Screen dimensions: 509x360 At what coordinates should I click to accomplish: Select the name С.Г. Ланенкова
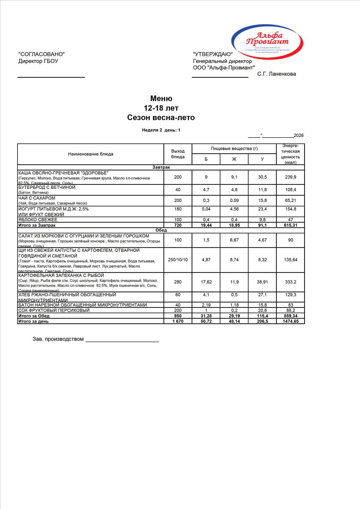[x=276, y=74]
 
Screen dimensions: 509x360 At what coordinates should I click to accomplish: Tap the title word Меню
[x=161, y=99]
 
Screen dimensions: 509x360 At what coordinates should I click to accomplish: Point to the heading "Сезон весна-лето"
[x=161, y=118]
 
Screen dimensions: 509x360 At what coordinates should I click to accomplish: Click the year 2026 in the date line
[x=298, y=135]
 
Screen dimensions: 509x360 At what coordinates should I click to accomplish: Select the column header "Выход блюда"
[x=178, y=154]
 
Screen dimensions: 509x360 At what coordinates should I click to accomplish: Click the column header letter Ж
[x=234, y=159]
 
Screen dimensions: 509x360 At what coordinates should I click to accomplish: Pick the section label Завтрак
[x=161, y=167]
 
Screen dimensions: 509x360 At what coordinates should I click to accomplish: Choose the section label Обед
[x=161, y=230]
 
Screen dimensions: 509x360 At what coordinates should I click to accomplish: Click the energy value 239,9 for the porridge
[x=290, y=177]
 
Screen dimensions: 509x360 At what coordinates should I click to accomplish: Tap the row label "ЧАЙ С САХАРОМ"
[x=37, y=198]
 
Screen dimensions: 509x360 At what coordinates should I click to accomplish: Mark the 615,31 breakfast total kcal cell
[x=290, y=225]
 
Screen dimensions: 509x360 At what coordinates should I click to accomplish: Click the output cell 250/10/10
[x=178, y=260]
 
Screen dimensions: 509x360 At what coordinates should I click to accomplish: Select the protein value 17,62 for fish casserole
[x=206, y=282]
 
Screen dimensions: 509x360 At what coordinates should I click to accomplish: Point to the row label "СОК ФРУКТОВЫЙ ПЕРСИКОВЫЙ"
[x=54, y=311]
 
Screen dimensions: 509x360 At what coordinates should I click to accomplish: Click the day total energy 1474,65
[x=290, y=321]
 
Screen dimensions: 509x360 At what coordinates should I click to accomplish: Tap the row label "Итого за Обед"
[x=34, y=316]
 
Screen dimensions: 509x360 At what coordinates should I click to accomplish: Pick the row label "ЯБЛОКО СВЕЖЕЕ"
[x=38, y=220]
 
